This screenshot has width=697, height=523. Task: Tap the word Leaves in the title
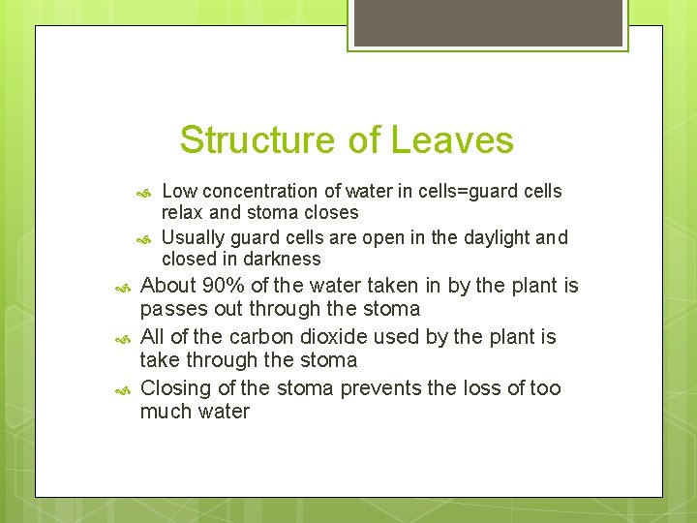pyautogui.click(x=452, y=140)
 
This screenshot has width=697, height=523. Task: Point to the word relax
pyautogui.click(x=182, y=213)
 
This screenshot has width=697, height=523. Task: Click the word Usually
pyautogui.click(x=194, y=238)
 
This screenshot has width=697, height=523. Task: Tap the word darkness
pyautogui.click(x=283, y=260)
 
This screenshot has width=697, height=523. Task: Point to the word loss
pyautogui.click(x=488, y=388)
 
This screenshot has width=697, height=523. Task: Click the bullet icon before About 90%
pyautogui.click(x=122, y=288)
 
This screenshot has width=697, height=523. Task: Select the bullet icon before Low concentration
pyautogui.click(x=143, y=193)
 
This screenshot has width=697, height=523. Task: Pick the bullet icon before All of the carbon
pyautogui.click(x=122, y=339)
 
